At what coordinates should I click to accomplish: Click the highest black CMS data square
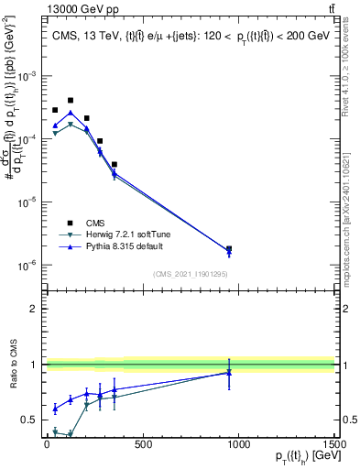[71, 100]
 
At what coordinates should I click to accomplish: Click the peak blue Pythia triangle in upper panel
[71, 113]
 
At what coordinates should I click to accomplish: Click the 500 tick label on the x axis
[143, 445]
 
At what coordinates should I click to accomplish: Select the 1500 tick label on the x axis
[333, 445]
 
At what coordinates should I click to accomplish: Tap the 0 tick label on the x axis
[47, 445]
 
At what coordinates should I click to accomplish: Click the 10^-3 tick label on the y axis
[28, 76]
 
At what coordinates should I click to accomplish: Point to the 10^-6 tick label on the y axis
[28, 266]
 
